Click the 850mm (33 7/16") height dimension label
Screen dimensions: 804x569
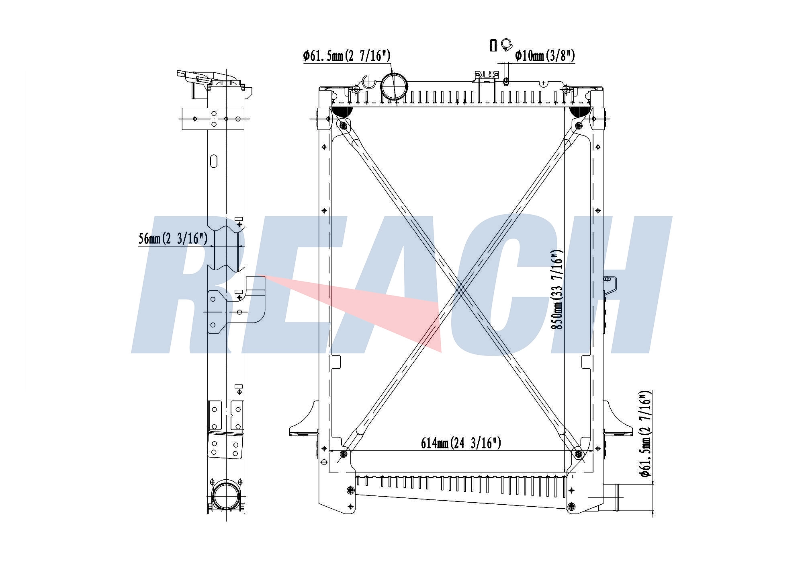(557, 290)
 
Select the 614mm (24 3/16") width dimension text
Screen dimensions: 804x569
(461, 443)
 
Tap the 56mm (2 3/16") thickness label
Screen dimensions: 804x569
(173, 238)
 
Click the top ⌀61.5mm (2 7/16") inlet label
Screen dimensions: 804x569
(346, 55)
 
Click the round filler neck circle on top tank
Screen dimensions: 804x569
(394, 86)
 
